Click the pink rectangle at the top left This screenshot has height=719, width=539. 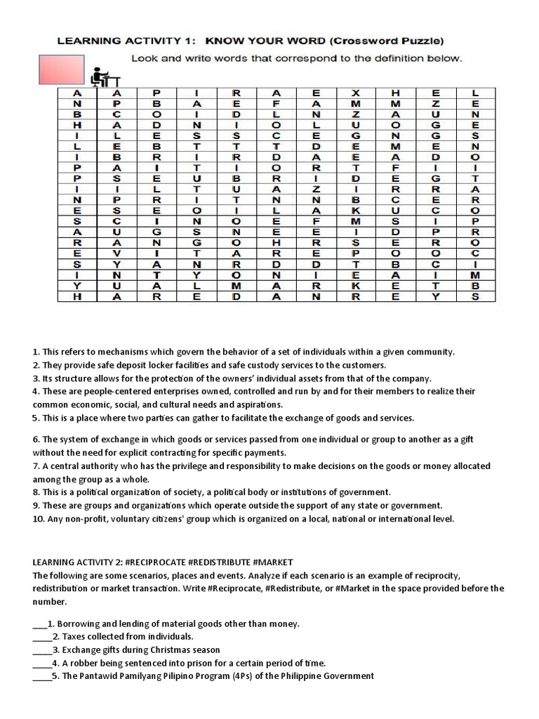click(x=58, y=70)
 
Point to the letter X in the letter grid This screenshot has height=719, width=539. click(x=357, y=93)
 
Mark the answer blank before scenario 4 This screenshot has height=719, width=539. click(x=41, y=663)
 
